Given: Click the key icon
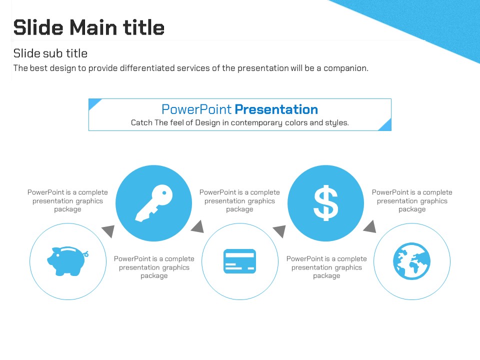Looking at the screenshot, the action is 153,203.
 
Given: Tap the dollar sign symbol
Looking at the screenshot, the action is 325,203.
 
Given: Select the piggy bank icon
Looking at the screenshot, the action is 67,261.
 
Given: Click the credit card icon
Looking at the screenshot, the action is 239,261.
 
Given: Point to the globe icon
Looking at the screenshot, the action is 411,261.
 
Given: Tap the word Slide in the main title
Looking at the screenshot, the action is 38,27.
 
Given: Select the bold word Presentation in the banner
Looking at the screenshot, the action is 276,109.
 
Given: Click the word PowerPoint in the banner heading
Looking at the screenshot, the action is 196,109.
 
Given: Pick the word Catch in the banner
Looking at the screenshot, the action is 141,122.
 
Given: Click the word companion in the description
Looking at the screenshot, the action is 346,68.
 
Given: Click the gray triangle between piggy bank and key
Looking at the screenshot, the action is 108,231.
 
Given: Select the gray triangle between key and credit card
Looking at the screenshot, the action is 198,227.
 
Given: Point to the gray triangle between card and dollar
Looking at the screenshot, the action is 280,231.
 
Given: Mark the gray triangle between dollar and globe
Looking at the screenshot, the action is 370,227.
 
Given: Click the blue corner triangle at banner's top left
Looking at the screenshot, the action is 93,102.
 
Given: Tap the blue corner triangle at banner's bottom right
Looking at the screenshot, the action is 386,126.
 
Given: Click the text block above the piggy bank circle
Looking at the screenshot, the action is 67,200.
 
